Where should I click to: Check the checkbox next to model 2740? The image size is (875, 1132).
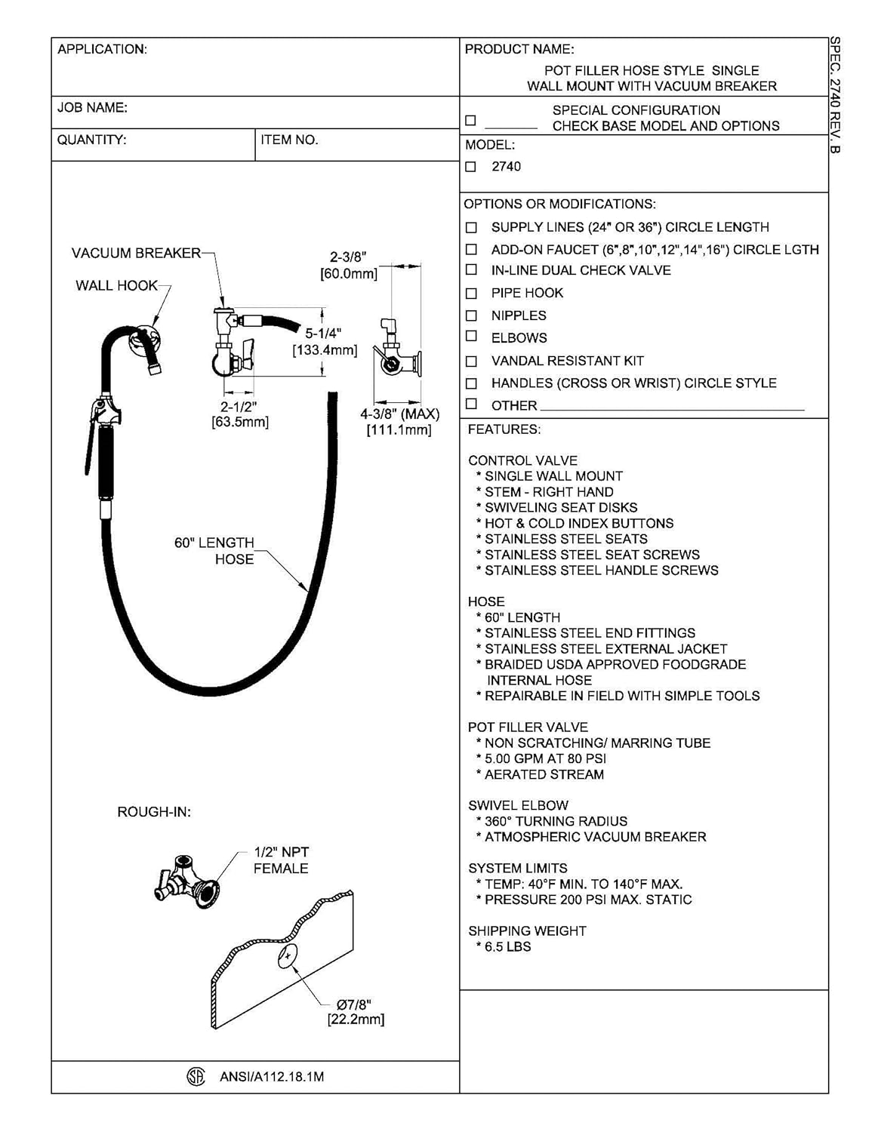471,167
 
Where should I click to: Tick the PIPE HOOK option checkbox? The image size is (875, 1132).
471,293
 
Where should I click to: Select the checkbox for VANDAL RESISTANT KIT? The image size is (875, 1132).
471,361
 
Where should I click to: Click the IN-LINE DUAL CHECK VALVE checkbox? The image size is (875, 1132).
471,270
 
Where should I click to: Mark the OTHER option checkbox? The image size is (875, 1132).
471,405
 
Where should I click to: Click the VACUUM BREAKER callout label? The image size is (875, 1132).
136,253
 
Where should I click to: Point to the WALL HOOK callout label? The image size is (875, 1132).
116,285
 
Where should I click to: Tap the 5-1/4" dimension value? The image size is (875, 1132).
323,334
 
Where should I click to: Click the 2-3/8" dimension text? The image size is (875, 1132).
348,257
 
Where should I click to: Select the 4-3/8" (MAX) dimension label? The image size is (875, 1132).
399,414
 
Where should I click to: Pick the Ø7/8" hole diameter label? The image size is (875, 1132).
354,1004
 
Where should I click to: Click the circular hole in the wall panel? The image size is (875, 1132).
288,956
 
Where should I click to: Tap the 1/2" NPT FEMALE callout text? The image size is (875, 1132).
281,860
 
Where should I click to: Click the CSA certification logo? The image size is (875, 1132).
196,1077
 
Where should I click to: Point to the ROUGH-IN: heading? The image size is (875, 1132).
154,812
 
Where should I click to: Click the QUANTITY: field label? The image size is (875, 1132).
92,140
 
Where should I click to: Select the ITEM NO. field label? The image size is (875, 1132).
289,140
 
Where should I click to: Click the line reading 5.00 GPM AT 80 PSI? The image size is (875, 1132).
545,758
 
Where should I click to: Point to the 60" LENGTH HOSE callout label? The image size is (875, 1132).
215,551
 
